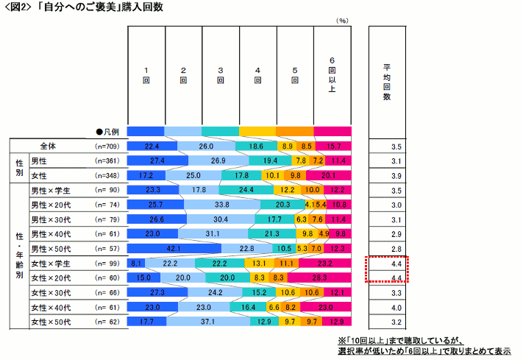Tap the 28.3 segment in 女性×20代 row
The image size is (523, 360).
tap(319, 278)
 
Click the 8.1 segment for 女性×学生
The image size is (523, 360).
tap(136, 263)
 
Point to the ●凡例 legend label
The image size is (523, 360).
tap(106, 131)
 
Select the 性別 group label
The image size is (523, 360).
tap(20, 168)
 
